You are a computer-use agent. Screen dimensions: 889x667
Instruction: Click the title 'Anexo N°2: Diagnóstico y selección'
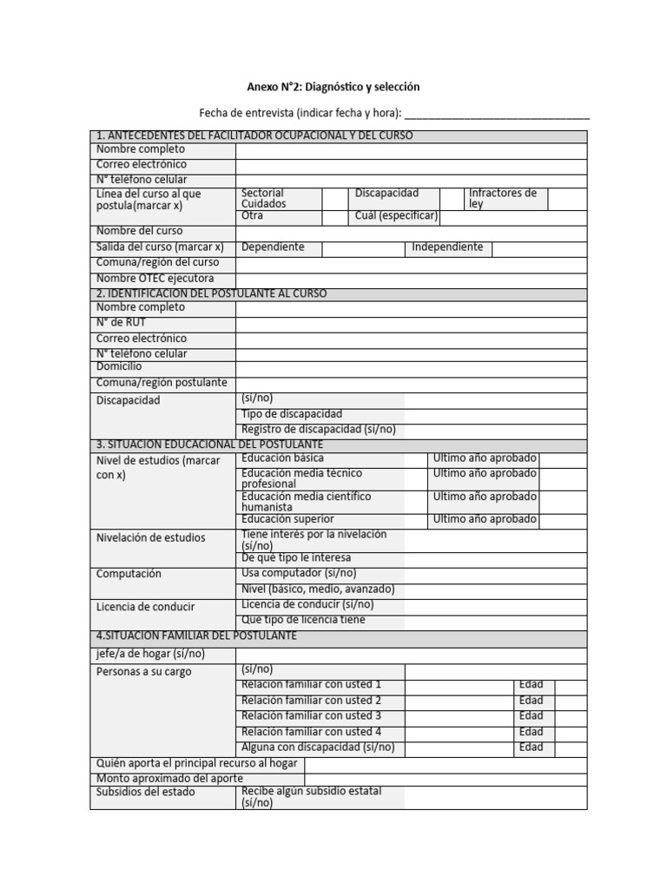(x=333, y=87)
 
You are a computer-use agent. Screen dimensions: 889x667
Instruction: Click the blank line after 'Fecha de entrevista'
(x=497, y=114)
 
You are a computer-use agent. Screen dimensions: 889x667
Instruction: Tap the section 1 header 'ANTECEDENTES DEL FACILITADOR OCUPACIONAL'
(x=254, y=135)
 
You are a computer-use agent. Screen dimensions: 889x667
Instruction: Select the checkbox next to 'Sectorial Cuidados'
(x=334, y=198)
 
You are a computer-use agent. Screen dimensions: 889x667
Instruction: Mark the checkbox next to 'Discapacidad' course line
(x=451, y=198)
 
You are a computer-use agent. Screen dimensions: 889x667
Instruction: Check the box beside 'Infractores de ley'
(x=567, y=198)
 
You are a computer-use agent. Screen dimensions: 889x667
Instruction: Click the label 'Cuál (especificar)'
(x=396, y=215)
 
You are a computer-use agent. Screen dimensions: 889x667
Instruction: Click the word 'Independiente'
(x=446, y=247)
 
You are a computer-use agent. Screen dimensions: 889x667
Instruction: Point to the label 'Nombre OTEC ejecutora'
(x=155, y=278)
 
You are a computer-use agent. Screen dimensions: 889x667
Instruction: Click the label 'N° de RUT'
(x=122, y=322)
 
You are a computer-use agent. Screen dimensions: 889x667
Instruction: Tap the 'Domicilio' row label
(x=119, y=366)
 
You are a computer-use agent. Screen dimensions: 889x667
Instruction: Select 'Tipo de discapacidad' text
(x=292, y=414)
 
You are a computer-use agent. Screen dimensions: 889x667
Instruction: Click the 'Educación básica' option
(x=283, y=458)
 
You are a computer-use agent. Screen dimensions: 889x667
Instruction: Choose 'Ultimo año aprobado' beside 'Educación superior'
(x=485, y=519)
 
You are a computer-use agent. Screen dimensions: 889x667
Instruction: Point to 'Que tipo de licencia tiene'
(x=303, y=620)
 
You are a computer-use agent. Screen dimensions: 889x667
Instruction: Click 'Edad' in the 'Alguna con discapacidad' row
(x=531, y=747)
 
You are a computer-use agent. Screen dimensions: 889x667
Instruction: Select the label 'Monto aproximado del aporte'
(x=169, y=779)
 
